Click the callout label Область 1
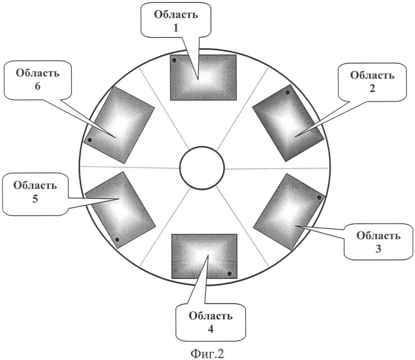coord(176,21)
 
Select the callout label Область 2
coord(372,82)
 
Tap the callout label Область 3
coord(378,242)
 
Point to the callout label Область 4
coord(210,322)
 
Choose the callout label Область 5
coord(35,192)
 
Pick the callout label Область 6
coord(37,80)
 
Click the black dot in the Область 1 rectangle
coord(174,60)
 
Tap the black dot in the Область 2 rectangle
coord(288,93)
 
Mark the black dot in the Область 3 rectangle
coord(319,198)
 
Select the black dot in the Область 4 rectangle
coord(229,274)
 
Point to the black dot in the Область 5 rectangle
coord(117,240)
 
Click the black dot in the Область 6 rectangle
coord(89,140)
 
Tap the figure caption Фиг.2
coord(207,353)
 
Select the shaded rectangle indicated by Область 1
coord(203,77)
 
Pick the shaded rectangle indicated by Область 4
coord(204,256)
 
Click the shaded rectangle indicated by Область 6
coord(119,125)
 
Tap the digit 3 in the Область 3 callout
coord(378,249)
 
